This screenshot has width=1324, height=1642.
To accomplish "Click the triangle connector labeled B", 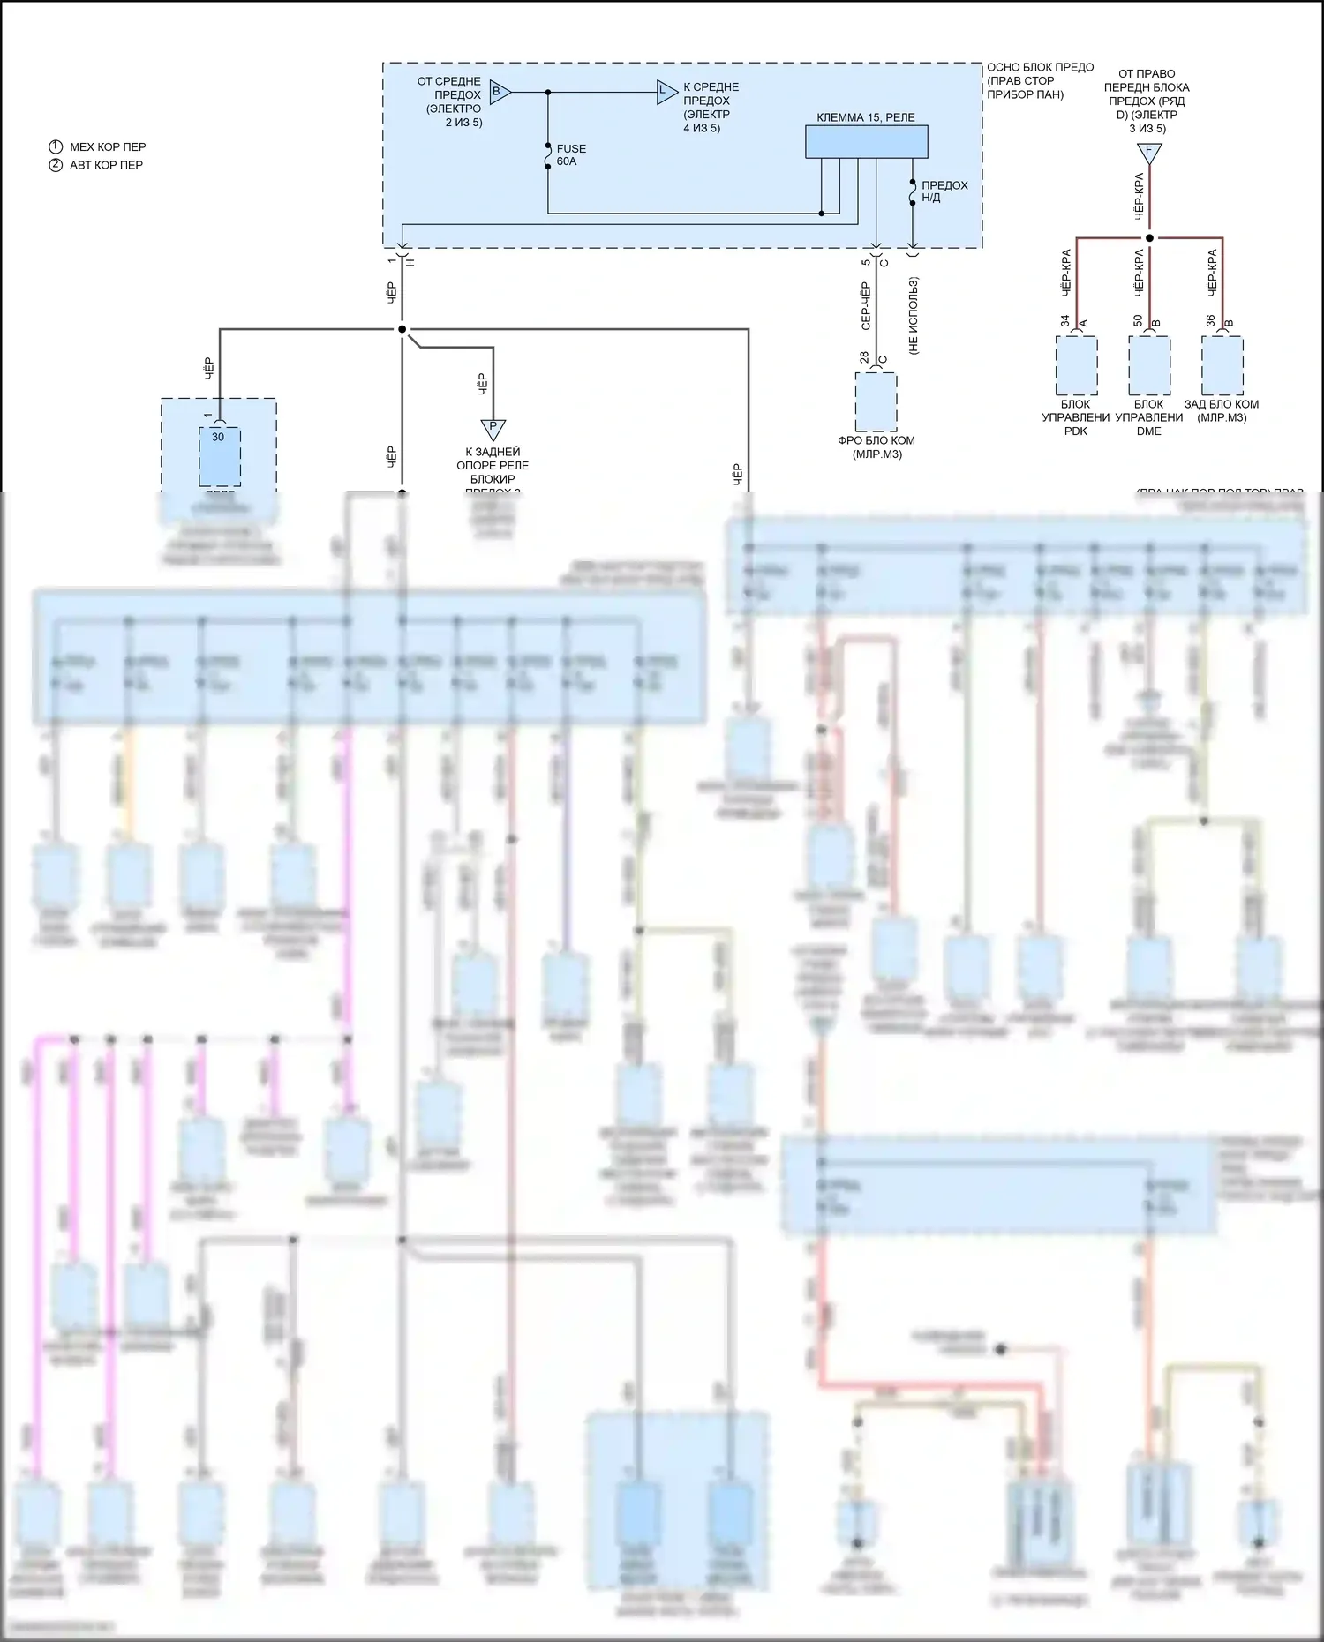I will (x=498, y=91).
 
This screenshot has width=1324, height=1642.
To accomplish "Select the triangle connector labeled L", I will (x=666, y=91).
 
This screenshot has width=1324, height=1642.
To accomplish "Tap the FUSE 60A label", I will (x=571, y=155).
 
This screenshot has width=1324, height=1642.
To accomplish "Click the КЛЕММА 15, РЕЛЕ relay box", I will (x=866, y=141).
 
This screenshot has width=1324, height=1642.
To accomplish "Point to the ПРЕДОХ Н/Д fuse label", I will (x=944, y=191).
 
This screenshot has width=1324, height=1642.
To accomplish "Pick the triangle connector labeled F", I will (x=1149, y=153).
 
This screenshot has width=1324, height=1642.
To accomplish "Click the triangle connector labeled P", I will (x=493, y=429).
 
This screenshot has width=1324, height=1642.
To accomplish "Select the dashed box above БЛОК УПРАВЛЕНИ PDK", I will (x=1076, y=365).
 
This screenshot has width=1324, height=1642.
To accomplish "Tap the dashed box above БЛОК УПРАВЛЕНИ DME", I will (x=1149, y=365).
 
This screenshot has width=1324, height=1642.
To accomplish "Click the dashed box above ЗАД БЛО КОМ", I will (x=1222, y=365).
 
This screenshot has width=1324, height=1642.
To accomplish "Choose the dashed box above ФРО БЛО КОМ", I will (x=876, y=401).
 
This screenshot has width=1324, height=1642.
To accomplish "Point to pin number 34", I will (x=1064, y=321).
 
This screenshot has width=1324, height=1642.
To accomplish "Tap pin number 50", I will (x=1138, y=321).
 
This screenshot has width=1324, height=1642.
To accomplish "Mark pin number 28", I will (x=864, y=357).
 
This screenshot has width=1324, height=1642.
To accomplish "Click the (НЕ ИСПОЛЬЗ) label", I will (x=914, y=316).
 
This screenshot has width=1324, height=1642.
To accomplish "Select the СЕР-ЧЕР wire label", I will (x=865, y=306).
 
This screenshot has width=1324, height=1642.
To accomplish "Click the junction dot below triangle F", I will (x=1149, y=238).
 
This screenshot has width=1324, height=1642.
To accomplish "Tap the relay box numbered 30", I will (x=219, y=456).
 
